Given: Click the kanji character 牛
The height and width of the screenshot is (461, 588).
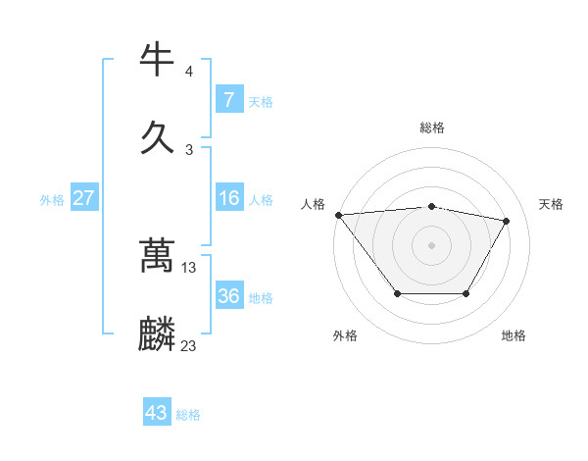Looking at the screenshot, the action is click(158, 60).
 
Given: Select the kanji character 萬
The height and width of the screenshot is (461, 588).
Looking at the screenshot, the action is click(158, 256).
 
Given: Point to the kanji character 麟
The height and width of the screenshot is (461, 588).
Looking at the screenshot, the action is click(158, 334).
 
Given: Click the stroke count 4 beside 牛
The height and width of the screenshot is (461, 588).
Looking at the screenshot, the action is click(188, 72).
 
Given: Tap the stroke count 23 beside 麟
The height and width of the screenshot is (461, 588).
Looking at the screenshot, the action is click(189, 345).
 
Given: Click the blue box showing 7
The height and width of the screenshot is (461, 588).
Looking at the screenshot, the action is click(228, 100).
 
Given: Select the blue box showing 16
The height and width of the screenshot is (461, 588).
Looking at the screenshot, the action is click(228, 198).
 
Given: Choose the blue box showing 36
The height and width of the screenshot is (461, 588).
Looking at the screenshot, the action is click(228, 296).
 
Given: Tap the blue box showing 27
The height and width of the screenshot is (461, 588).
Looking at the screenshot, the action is click(83, 198).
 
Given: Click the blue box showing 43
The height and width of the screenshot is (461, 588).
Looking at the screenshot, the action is click(157, 413).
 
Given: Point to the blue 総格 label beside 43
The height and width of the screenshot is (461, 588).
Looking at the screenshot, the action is click(188, 415).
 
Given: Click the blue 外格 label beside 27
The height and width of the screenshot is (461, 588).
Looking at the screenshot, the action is click(52, 200).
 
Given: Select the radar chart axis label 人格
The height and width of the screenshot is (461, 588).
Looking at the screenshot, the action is click(313, 204).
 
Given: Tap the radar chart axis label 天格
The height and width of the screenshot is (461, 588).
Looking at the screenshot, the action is click(551, 204).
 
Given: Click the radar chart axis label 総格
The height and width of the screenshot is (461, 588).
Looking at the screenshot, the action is click(432, 128).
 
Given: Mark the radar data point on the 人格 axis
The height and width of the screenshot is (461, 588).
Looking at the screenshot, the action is click(338, 215).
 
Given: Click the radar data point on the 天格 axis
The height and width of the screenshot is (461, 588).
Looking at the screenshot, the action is click(506, 221).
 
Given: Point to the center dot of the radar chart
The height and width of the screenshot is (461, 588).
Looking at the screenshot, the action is click(431, 244).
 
